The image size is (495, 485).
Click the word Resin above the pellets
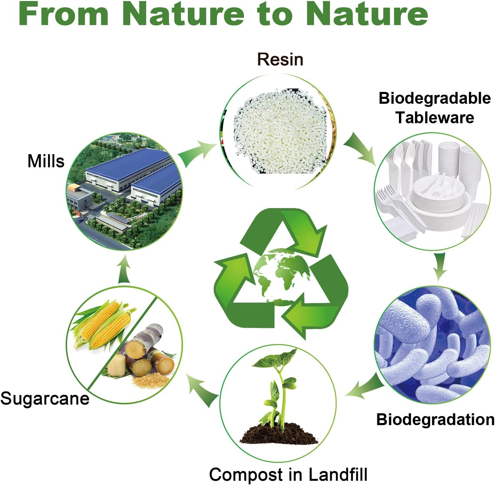(280, 60)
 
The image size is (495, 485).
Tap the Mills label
(46, 161)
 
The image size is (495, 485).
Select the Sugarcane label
(45, 398)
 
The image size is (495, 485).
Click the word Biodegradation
(435, 420)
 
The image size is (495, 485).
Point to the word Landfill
(338, 474)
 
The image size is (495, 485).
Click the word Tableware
(434, 118)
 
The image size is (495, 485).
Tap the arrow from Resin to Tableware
(360, 148)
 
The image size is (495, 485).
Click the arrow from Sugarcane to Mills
(124, 270)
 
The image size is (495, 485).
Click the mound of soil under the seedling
(278, 433)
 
